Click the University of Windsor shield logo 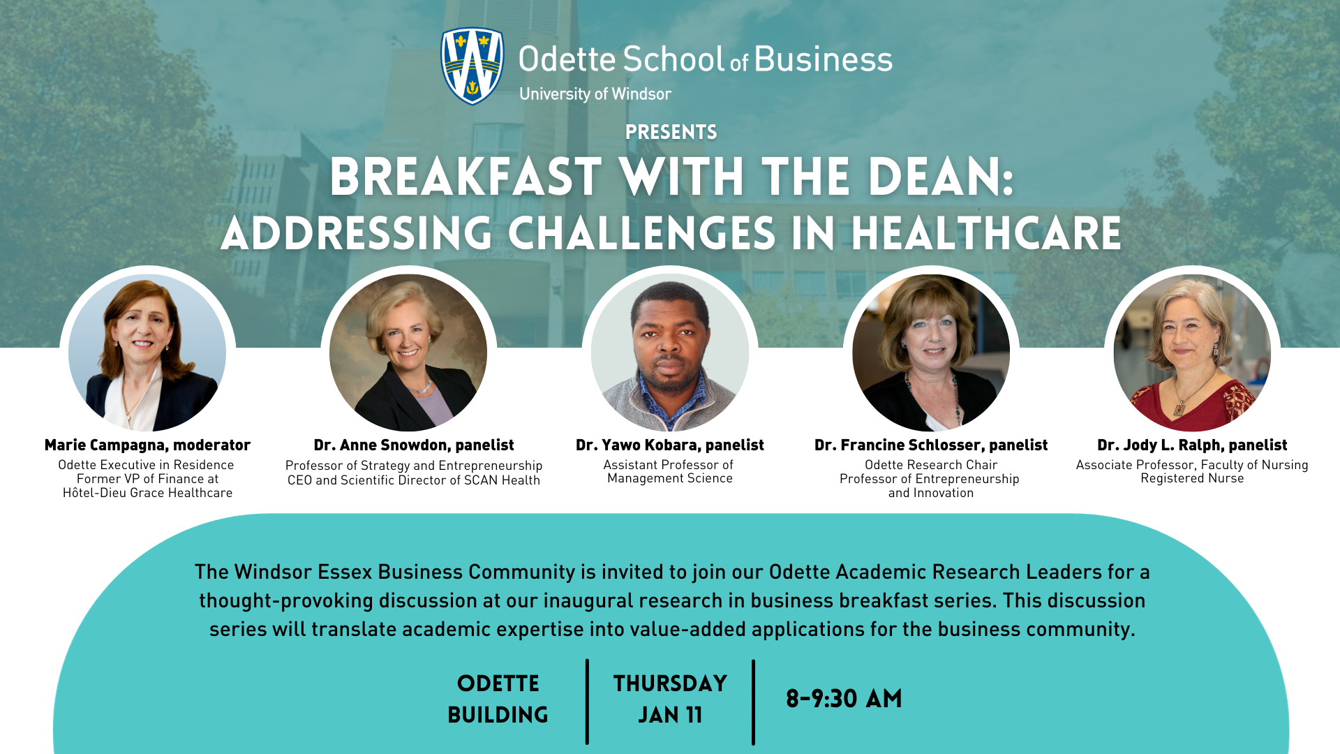pos(472,66)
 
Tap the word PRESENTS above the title pos(671,132)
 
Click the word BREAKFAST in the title pos(466,177)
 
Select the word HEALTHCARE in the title pos(986,233)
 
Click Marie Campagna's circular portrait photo pos(147,353)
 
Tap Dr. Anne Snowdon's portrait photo pos(408,353)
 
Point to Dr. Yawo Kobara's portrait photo pos(670,353)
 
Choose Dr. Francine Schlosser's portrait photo pos(931,353)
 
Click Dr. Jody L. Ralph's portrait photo pos(1192,353)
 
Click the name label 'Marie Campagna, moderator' pos(147,445)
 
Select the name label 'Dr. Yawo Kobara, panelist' pos(670,445)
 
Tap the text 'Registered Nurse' pos(1192,478)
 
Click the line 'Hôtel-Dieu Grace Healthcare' pos(147,493)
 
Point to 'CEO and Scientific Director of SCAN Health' pos(414,480)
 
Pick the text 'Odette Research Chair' pos(931,465)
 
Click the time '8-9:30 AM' pos(844,699)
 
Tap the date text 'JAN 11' pos(670,715)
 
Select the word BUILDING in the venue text pos(498,715)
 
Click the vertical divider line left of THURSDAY pos(587,702)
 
